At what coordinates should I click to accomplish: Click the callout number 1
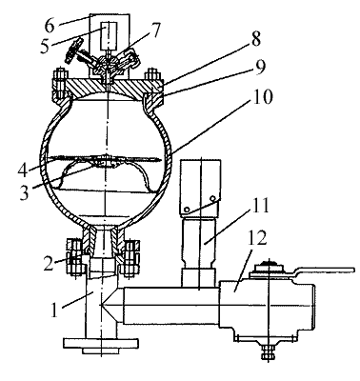55,310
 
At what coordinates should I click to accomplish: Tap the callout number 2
49,263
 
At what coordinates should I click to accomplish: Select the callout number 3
24,192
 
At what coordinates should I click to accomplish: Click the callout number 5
45,46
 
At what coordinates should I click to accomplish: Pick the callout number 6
50,26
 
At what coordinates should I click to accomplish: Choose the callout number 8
255,39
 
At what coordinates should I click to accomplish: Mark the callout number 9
260,67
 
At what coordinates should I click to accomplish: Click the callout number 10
262,96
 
